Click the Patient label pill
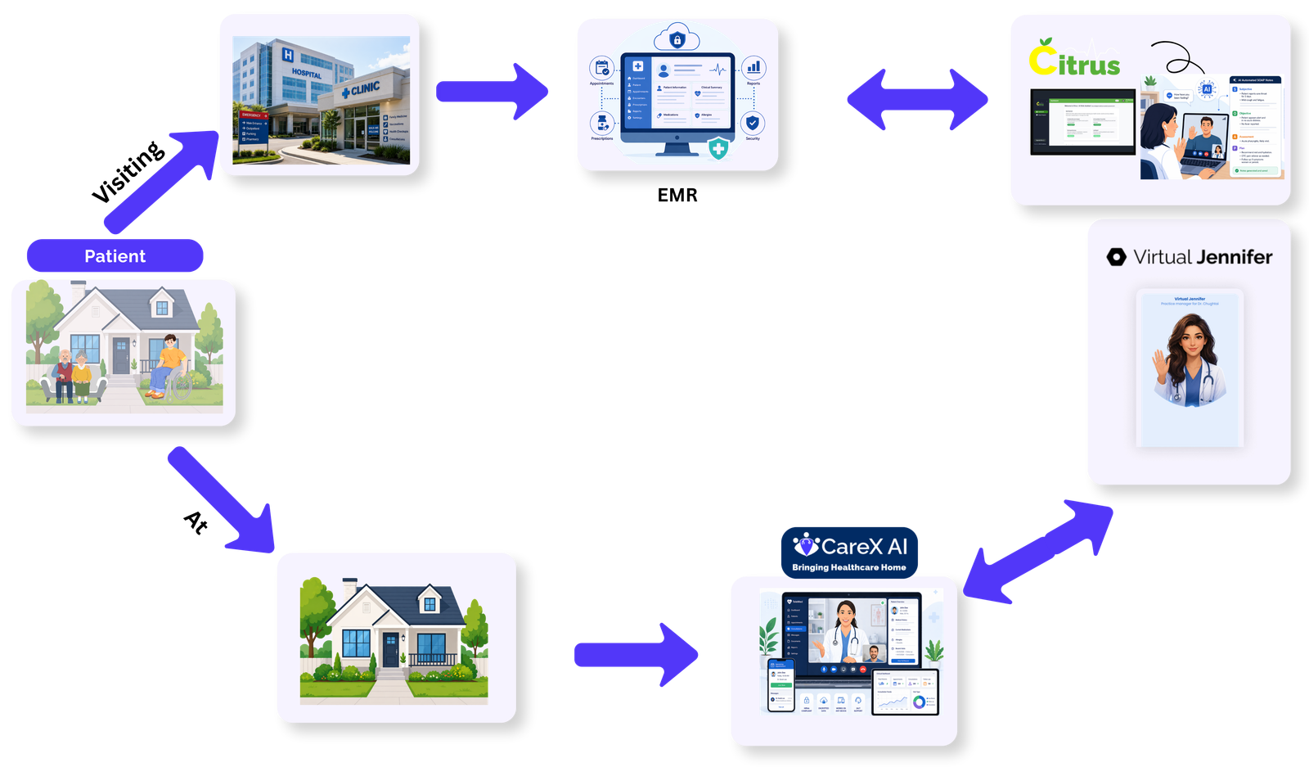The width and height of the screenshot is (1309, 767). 115,256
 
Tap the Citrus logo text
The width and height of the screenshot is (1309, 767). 1074,59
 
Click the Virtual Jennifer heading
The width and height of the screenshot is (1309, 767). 1202,257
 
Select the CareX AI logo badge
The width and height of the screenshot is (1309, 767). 849,553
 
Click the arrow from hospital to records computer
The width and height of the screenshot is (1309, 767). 491,92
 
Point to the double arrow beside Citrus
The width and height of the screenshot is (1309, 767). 916,100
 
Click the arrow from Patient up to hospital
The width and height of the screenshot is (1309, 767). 160,181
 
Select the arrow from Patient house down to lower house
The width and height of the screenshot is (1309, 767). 220,499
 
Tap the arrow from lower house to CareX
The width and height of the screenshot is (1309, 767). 635,655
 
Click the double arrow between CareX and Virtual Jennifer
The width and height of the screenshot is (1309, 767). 1038,552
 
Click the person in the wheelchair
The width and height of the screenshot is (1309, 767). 169,366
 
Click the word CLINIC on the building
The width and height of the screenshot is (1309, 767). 364,88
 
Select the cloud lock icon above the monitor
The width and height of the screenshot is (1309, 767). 677,38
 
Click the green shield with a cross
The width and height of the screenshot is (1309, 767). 717,149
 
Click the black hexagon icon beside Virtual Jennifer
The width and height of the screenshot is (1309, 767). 1116,257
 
